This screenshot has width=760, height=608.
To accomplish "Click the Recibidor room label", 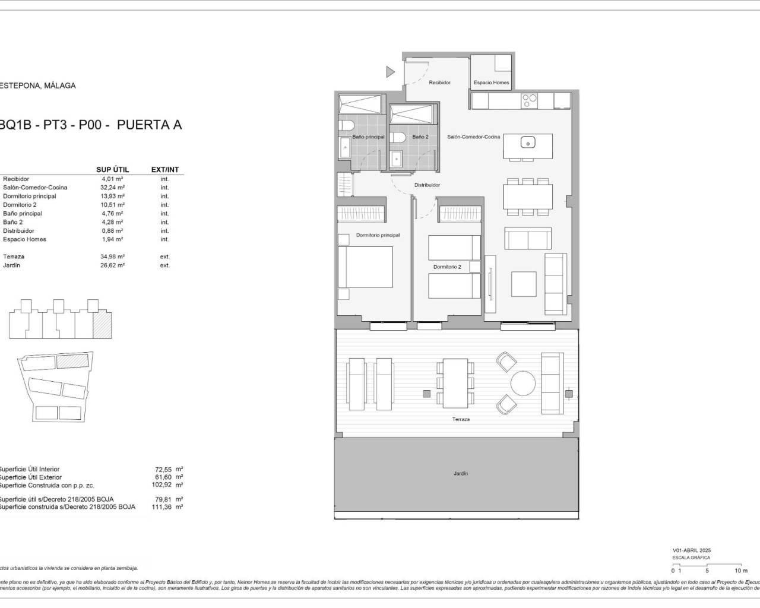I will click(439, 83).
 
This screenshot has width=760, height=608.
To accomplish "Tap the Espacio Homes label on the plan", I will click(491, 83).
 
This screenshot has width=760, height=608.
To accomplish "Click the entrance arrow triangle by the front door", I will click(389, 72).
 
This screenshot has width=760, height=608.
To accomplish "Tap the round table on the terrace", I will click(522, 383).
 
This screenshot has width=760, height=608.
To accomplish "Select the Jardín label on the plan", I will click(460, 474).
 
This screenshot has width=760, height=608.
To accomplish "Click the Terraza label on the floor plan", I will click(460, 419).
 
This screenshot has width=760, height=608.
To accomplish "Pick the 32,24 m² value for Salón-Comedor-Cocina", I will click(112, 188).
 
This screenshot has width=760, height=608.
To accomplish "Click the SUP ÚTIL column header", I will click(112, 170).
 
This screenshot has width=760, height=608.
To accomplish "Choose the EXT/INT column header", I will click(164, 170).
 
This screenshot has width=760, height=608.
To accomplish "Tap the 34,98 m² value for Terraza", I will click(112, 256).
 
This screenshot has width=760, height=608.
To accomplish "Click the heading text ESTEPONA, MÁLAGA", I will click(37, 85).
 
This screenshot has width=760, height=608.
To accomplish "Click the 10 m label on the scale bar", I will click(740, 571).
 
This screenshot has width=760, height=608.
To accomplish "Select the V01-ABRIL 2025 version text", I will click(691, 550).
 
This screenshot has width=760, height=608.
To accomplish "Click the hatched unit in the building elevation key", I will click(102, 325).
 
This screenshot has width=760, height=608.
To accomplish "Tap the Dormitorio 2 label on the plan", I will click(446, 267).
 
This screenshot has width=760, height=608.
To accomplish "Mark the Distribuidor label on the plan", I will click(427, 185).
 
